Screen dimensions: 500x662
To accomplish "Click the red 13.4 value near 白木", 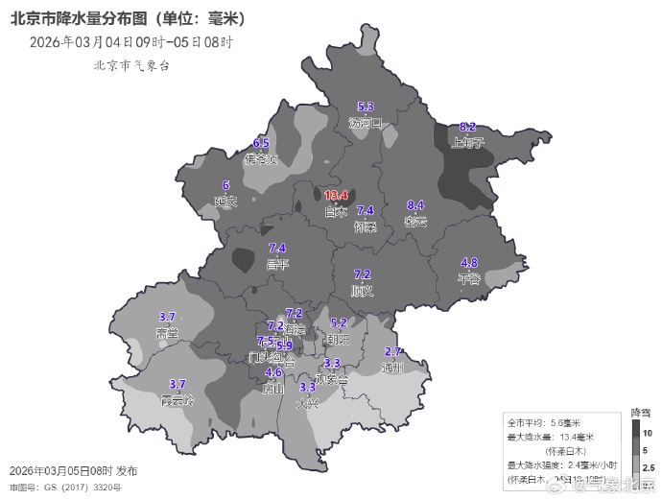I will point(334,196).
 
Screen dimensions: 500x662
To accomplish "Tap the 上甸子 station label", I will point(468,143).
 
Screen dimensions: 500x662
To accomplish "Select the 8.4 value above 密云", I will point(415,205).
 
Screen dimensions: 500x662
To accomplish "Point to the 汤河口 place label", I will point(366,123).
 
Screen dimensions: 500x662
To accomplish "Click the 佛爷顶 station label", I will point(261,159).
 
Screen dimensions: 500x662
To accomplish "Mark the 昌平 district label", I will point(277,264).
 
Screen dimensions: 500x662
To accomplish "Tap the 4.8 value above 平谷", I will point(469,263).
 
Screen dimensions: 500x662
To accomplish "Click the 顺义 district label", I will point(362,290).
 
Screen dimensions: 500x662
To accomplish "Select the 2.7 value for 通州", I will point(392,352).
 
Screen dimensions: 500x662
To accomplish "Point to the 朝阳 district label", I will point(338,340).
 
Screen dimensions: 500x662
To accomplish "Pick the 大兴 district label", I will point(308,403).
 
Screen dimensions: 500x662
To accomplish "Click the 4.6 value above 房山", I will point(273,372).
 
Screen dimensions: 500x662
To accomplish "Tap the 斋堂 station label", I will point(167,333).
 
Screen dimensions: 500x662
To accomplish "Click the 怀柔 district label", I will point(366,227).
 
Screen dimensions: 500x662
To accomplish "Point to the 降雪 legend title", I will point(641,413).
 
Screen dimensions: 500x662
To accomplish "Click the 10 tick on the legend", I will point(648,433).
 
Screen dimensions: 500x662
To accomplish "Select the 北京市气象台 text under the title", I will point(131,65).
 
